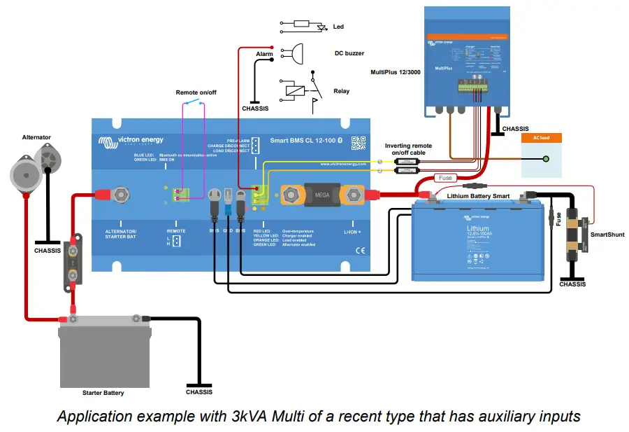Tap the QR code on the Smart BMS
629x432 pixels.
359,143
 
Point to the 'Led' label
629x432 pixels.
338,27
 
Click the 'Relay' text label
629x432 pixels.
341,91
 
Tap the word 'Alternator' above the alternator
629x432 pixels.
36,137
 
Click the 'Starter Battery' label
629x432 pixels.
103,393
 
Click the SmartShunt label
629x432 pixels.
607,235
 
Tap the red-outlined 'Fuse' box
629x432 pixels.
445,178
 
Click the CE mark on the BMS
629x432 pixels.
360,250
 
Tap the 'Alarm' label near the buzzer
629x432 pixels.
264,54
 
